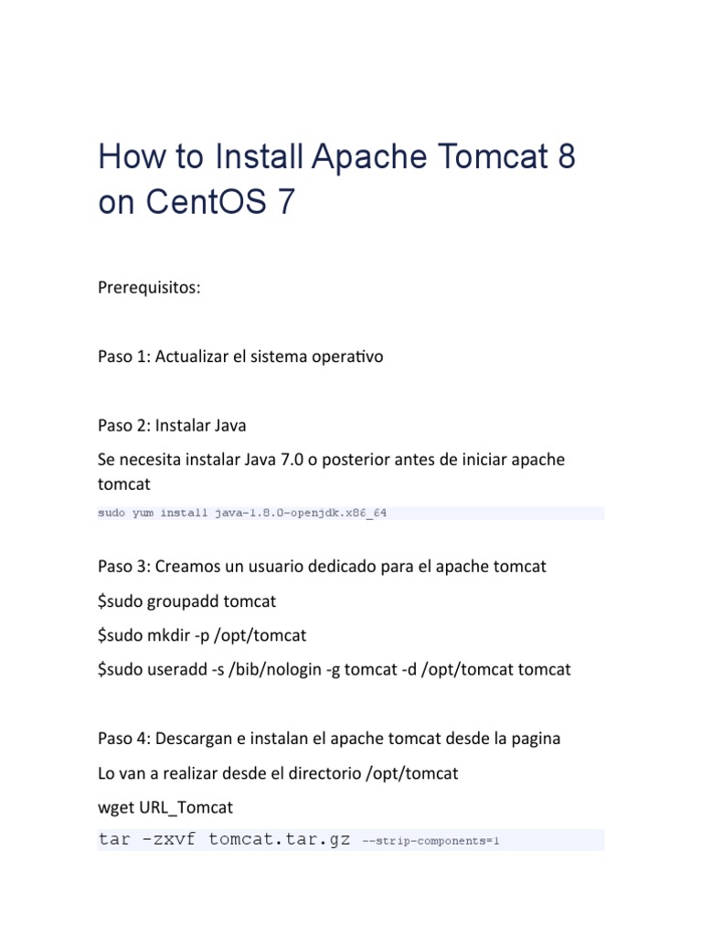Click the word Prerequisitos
149,288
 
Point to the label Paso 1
122,356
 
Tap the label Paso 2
122,425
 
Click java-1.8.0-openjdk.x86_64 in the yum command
301,513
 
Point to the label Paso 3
122,567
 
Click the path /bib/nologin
269,669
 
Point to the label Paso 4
122,739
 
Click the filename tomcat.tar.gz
279,840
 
